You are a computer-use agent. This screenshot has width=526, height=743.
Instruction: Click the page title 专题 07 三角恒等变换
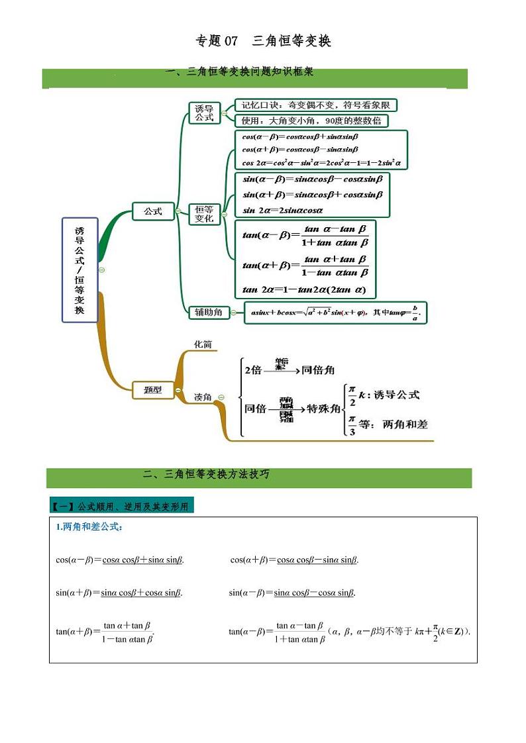(x=263, y=41)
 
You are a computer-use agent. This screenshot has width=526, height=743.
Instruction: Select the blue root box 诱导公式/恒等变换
(x=79, y=270)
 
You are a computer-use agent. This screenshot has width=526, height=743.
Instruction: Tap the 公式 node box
(x=153, y=211)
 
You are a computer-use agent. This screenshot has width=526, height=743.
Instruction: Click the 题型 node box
(x=153, y=390)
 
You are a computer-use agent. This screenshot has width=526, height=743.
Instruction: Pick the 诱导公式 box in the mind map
(x=204, y=113)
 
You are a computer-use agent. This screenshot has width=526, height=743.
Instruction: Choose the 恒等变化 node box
(x=204, y=213)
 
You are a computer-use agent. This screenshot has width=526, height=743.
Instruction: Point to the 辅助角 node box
(x=208, y=312)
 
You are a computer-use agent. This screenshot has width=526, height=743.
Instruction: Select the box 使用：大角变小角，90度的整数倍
(x=311, y=121)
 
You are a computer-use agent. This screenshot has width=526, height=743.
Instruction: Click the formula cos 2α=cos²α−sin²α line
(x=322, y=163)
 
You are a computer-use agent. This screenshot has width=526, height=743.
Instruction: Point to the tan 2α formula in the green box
(x=299, y=290)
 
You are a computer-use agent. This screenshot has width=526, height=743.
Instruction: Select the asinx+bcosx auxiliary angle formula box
(x=335, y=313)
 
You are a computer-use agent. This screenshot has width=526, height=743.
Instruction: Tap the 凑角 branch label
(x=203, y=397)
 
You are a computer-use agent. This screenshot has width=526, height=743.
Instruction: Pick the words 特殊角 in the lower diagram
(x=324, y=409)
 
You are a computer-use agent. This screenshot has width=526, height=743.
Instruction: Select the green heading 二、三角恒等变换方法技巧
(x=206, y=475)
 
